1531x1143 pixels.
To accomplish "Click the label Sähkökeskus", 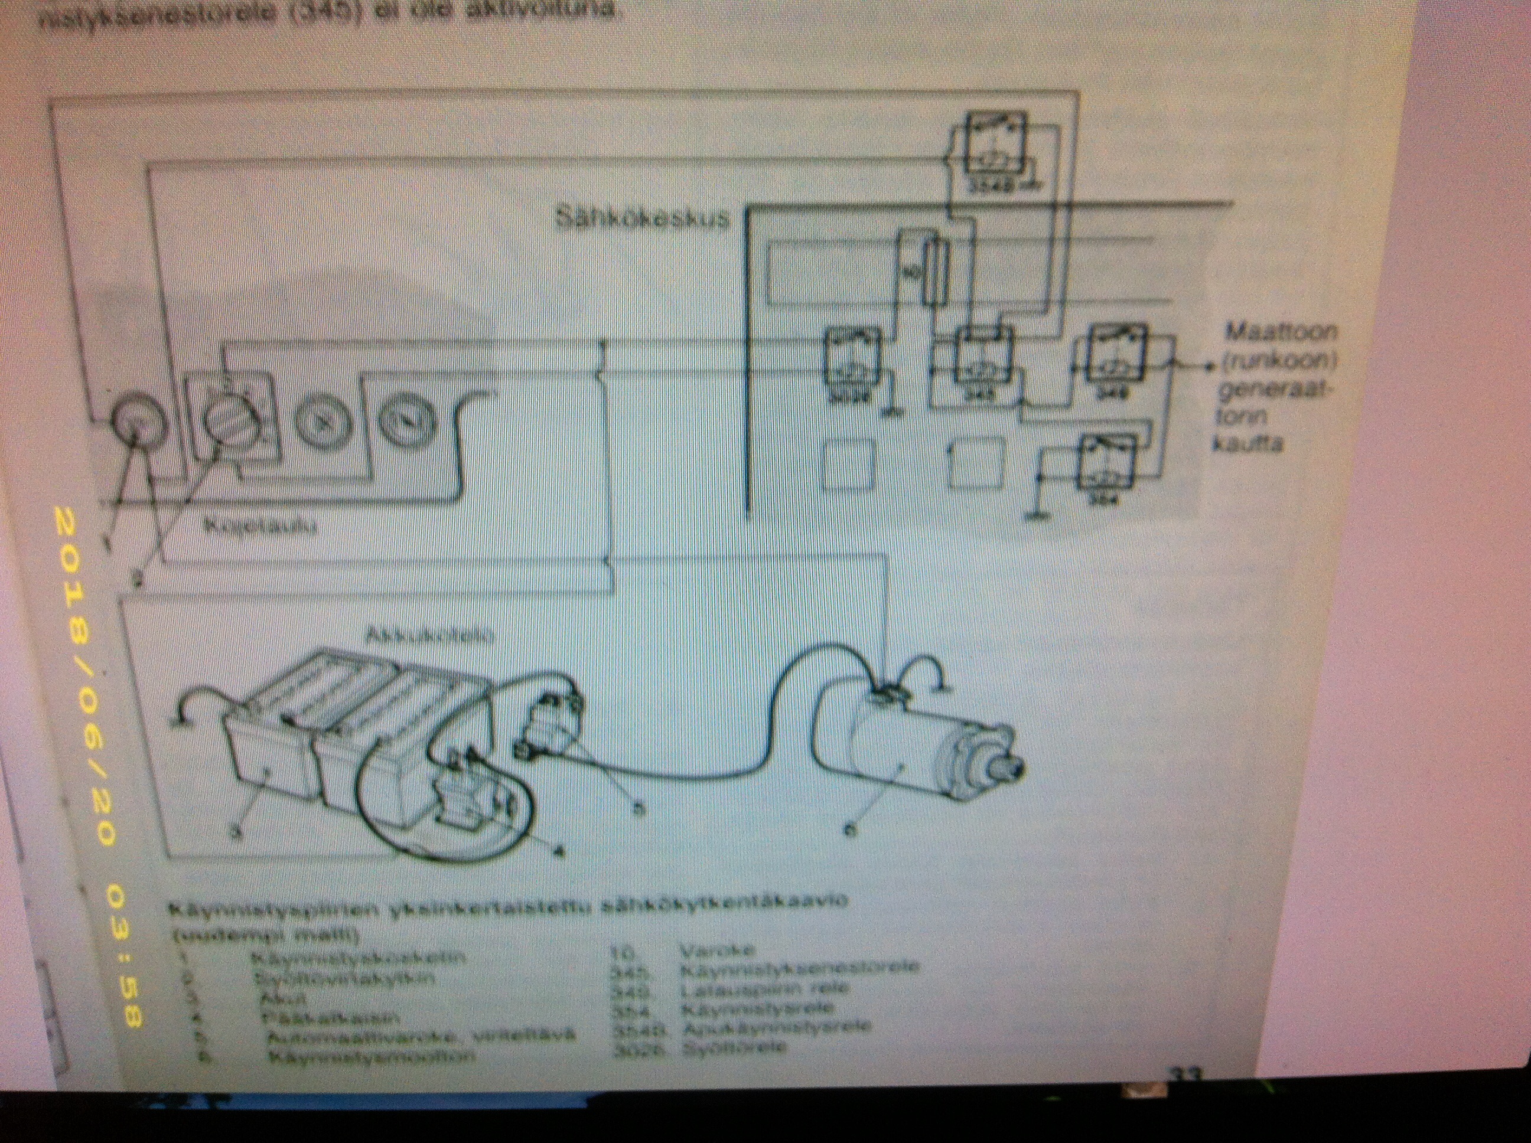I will pyautogui.click(x=642, y=218).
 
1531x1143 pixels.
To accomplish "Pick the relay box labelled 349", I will pyautogui.click(x=1117, y=360).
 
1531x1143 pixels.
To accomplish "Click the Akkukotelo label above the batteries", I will pyautogui.click(x=430, y=635).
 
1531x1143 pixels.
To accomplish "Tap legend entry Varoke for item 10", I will pyautogui.click(x=712, y=950).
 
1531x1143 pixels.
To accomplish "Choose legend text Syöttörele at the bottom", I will pyautogui.click(x=734, y=1047).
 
